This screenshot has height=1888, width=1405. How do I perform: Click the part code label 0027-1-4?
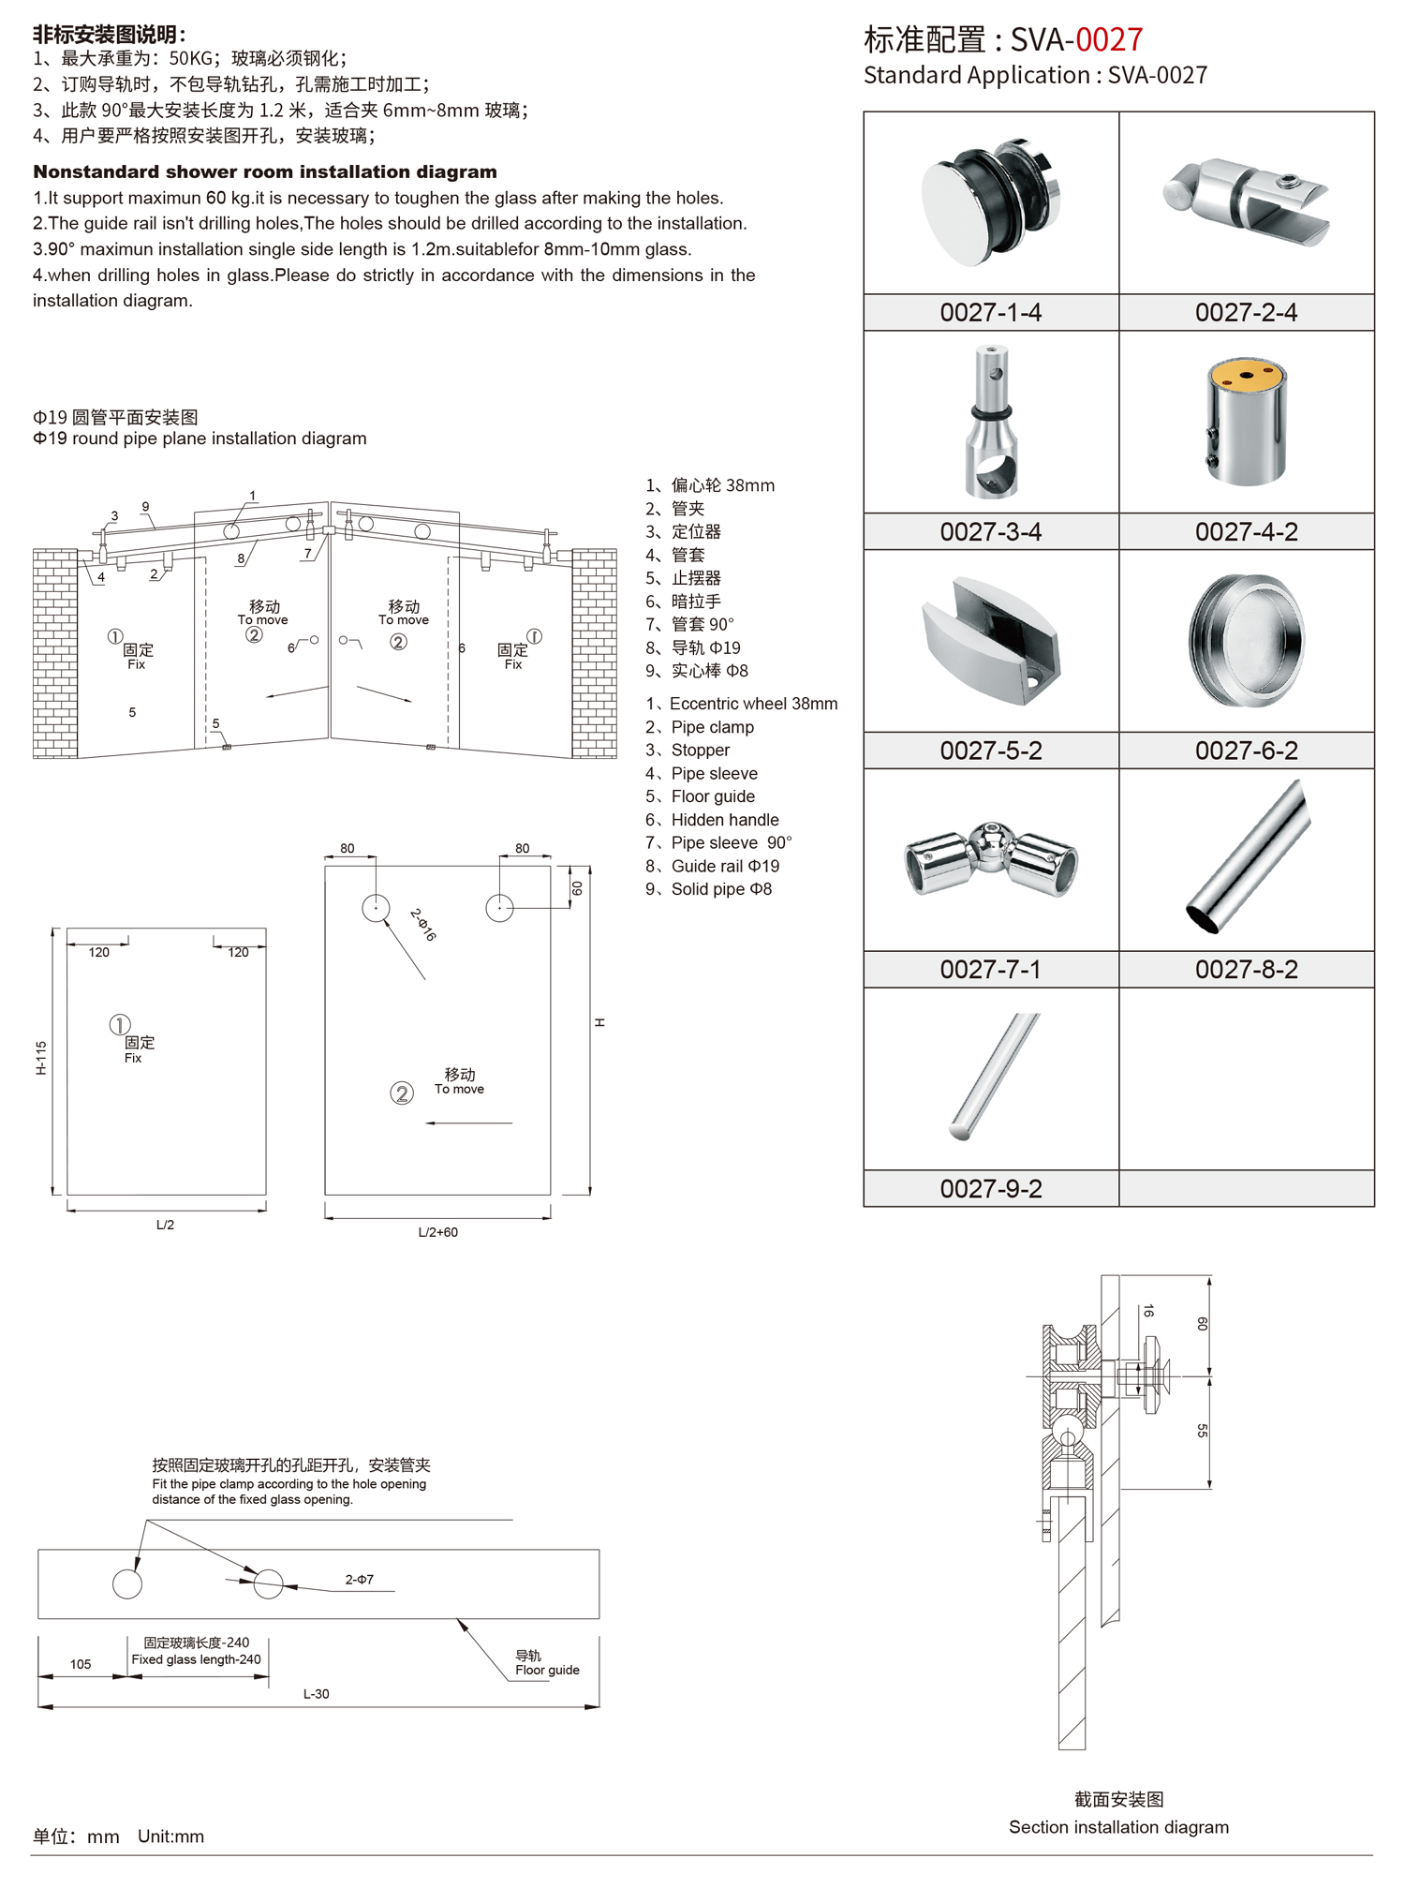coord(990,312)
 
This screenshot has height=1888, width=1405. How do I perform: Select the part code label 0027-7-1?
coord(990,969)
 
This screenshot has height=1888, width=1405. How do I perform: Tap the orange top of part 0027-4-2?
coord(1246,376)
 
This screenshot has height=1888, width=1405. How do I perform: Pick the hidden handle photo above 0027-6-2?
coord(1246,640)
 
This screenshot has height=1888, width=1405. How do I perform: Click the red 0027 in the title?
coord(1109,39)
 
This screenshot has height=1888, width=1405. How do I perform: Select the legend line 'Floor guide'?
coord(712,796)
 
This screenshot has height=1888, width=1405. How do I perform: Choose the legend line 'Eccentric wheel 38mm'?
coord(752,704)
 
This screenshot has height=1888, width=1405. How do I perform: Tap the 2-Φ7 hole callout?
coord(360,1579)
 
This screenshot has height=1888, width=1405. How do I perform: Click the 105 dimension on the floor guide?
coord(81,1664)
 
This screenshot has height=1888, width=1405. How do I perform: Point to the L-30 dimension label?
coord(317,1694)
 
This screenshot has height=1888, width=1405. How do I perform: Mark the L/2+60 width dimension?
coord(437,1232)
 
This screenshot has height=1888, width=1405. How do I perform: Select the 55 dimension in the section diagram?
coord(1202,1431)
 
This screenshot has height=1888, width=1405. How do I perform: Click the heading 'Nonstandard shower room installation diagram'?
coord(265,171)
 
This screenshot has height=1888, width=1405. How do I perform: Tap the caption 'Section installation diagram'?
coord(1118,1826)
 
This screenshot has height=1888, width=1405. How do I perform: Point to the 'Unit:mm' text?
coord(170,1836)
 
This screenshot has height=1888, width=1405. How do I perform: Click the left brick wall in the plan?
coord(55,653)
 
